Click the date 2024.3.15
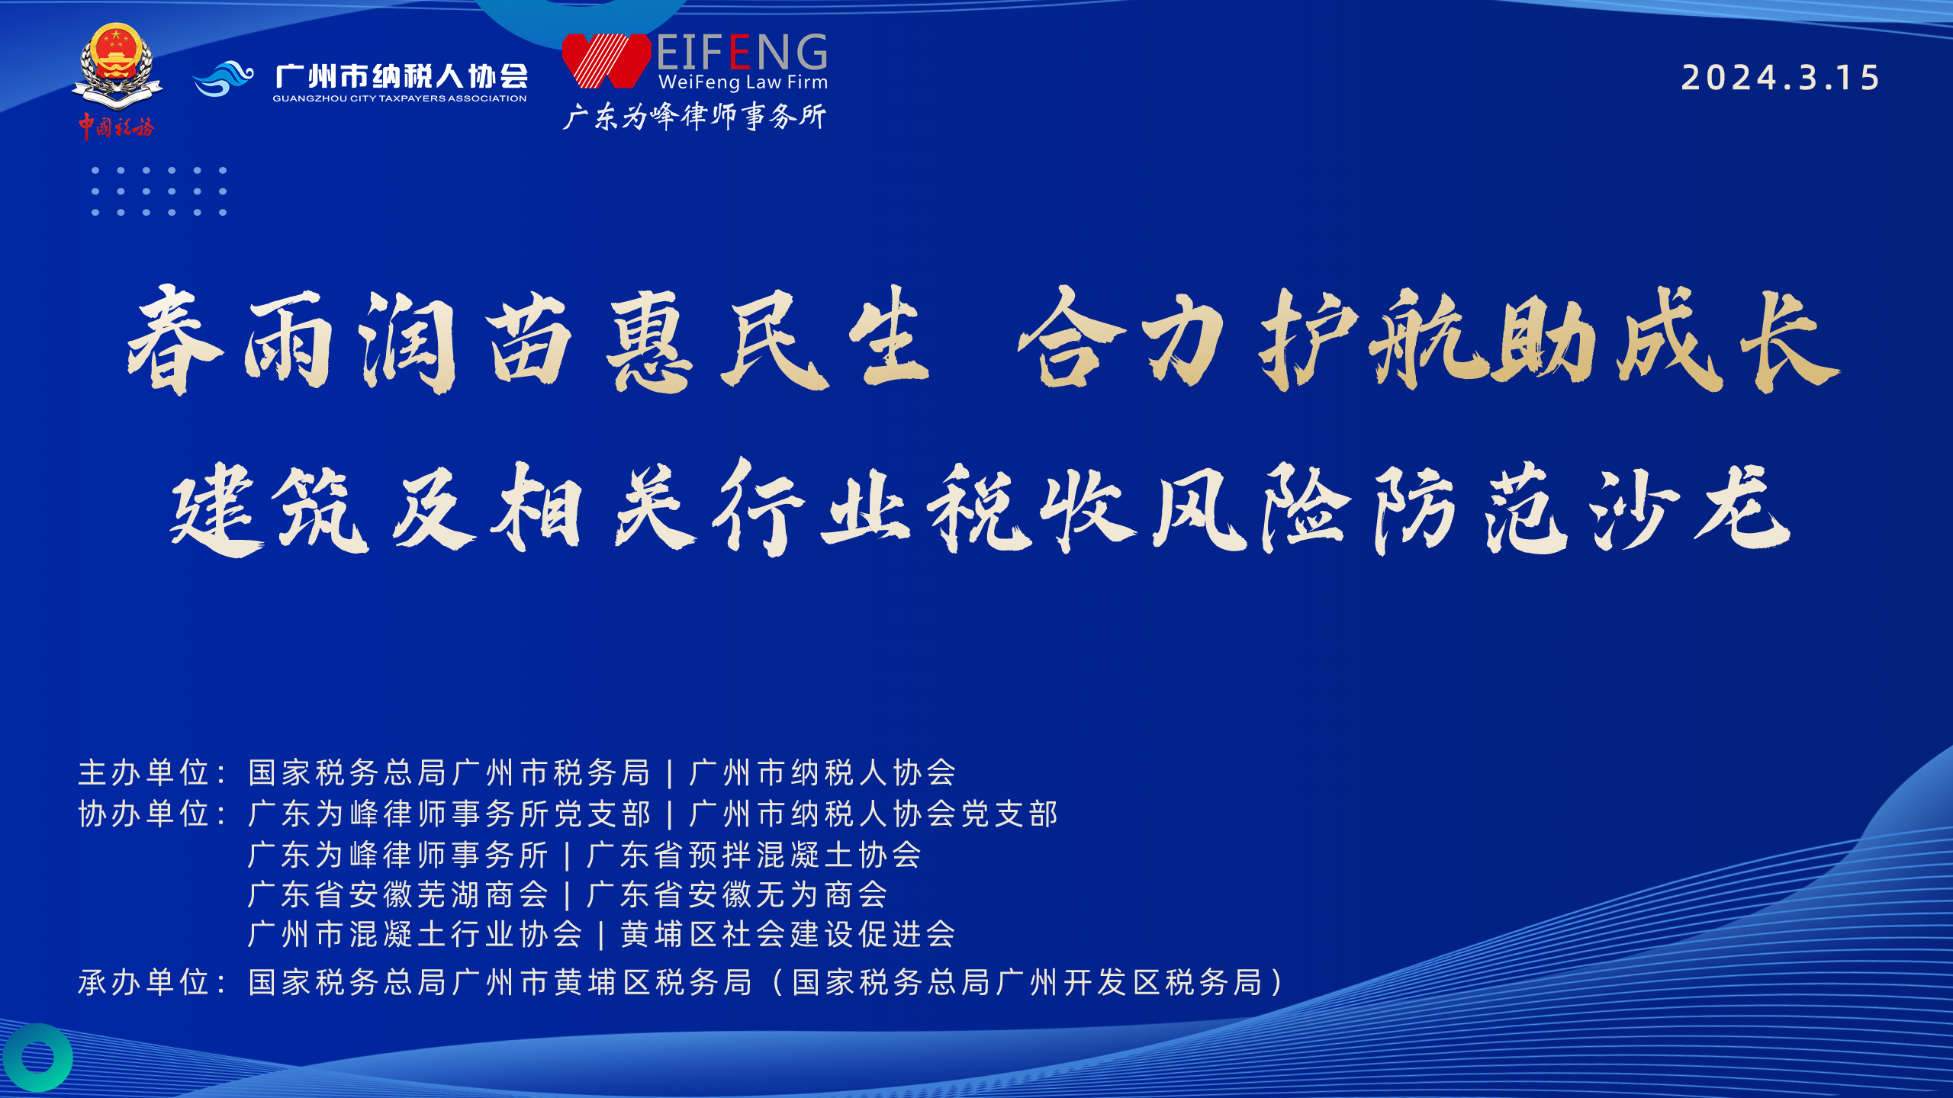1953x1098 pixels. pyautogui.click(x=1780, y=78)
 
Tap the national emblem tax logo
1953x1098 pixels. pyautogui.click(x=117, y=67)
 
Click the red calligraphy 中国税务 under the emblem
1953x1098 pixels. pyautogui.click(x=116, y=127)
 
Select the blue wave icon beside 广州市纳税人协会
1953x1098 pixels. pyautogui.click(x=223, y=79)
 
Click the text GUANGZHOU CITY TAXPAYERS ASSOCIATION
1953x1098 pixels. pyautogui.click(x=400, y=98)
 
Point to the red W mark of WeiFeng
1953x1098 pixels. pyautogui.click(x=606, y=61)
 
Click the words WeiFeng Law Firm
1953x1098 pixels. pyautogui.click(x=743, y=82)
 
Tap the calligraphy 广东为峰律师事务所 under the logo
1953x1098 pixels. pyautogui.click(x=694, y=116)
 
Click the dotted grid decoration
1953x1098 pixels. pyautogui.click(x=159, y=191)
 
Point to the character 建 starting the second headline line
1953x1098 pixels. pyautogui.click(x=217, y=509)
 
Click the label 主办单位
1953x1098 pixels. pyautogui.click(x=144, y=772)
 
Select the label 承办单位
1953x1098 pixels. pyautogui.click(x=144, y=982)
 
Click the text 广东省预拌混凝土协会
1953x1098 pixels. pyautogui.click(x=754, y=855)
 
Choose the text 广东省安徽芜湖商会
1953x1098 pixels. pyautogui.click(x=398, y=894)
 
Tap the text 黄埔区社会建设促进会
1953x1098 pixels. pyautogui.click(x=788, y=934)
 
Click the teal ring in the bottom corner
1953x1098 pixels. pyautogui.click(x=38, y=1058)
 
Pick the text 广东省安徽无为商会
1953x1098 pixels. pyautogui.click(x=737, y=894)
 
